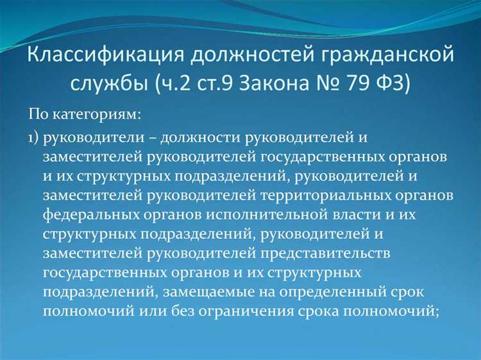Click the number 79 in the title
point(369,84)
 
